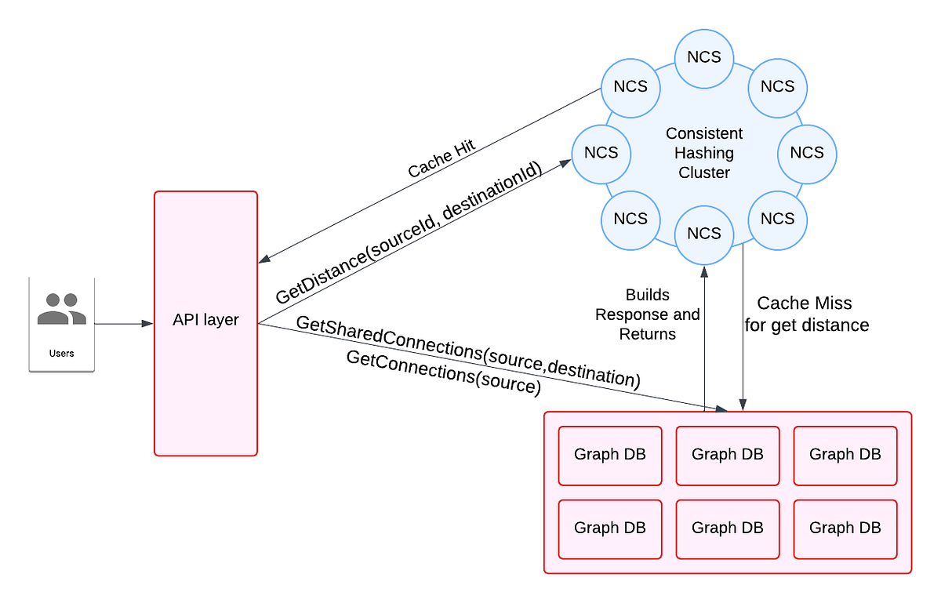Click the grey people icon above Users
(x=62, y=309)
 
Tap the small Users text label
(x=62, y=353)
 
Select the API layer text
(x=206, y=320)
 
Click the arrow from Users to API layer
(x=124, y=323)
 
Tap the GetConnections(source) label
(x=443, y=373)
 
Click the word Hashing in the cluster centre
(x=704, y=153)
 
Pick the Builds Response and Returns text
(x=648, y=314)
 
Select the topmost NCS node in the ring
(x=704, y=57)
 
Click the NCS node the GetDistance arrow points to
(x=601, y=152)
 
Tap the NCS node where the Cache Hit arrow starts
(x=630, y=86)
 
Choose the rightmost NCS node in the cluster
(x=807, y=152)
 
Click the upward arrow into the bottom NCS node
(x=704, y=337)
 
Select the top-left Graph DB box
(x=610, y=455)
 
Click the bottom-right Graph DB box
(x=845, y=529)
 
